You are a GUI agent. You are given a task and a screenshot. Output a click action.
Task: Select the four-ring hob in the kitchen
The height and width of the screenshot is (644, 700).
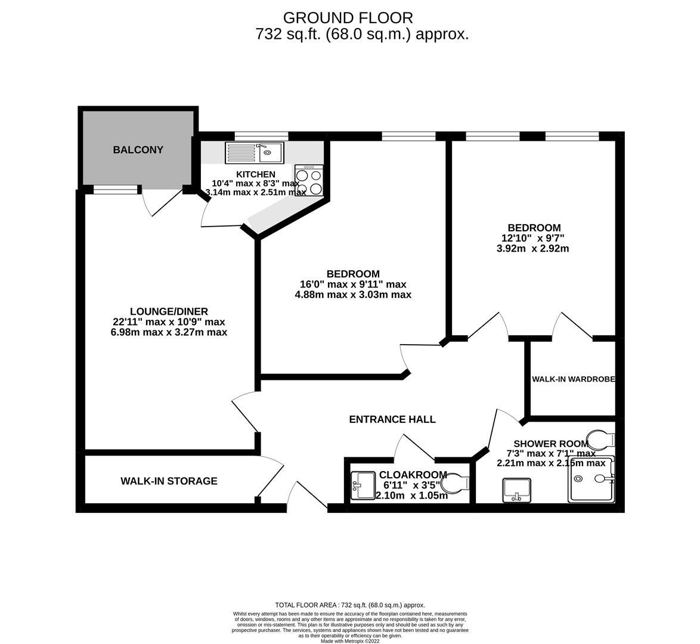pos(309,181)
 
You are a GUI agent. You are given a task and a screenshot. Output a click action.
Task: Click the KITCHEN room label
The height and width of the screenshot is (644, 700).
pos(255,174)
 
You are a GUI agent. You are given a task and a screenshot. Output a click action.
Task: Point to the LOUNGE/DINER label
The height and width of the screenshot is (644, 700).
pos(169,311)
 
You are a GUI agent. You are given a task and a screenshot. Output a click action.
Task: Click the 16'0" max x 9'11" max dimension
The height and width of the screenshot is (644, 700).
pos(353,284)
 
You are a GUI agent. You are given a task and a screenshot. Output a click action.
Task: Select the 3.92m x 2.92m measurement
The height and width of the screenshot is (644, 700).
pos(532,249)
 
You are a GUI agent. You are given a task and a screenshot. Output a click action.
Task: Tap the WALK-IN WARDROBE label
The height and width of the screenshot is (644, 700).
pos(573,379)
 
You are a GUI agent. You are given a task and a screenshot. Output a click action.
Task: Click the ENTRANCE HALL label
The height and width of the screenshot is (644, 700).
pos(392,420)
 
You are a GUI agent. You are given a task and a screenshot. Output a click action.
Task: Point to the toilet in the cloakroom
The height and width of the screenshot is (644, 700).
pos(457,484)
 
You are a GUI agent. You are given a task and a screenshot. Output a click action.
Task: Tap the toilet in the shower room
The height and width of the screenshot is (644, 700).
pos(600,441)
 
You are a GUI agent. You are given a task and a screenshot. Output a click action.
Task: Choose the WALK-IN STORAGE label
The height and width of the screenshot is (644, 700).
pos(169,481)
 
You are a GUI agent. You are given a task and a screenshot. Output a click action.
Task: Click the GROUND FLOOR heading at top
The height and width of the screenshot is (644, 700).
pos(348,18)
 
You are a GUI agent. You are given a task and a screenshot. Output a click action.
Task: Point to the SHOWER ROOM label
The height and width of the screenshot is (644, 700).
pos(543,444)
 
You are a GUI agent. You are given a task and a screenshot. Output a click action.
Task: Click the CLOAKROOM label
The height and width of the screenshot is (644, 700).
pos(413,475)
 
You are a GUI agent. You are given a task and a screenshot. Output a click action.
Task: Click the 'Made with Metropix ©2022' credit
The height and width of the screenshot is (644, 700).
pos(350,641)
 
